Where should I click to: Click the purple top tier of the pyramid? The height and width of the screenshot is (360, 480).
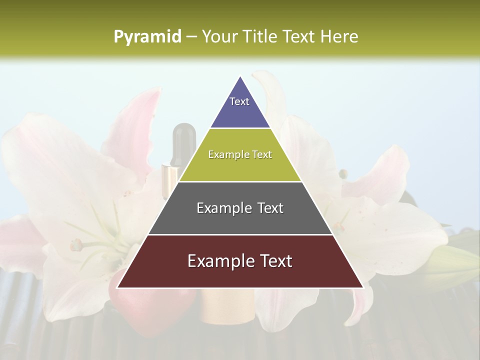(x=240, y=112)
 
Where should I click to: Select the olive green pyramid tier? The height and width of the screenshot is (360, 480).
(x=240, y=167)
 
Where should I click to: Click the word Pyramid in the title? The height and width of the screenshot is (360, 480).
(x=147, y=37)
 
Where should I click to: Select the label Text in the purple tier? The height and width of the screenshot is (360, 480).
(x=239, y=101)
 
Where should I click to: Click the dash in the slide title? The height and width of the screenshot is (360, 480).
(x=191, y=37)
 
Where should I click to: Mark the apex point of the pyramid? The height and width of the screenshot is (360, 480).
(x=240, y=76)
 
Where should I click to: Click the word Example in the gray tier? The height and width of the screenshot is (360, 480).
(x=223, y=208)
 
